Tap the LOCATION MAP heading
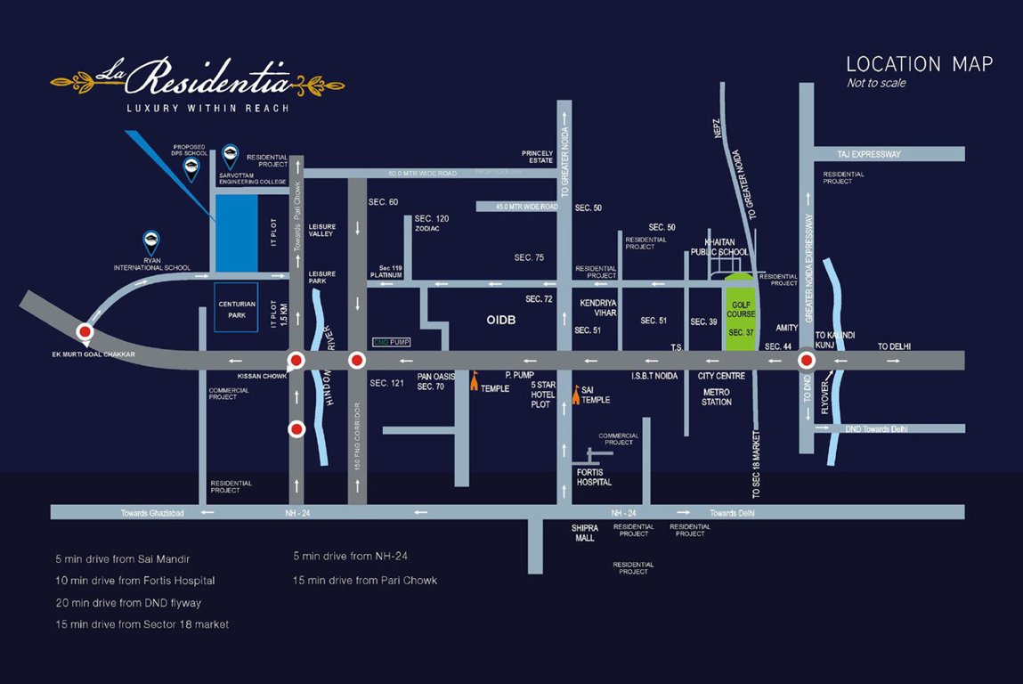coord(919,64)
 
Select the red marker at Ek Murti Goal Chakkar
coord(85,332)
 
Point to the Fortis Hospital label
coord(594,476)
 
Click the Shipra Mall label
coord(584,533)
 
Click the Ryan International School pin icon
coord(152,241)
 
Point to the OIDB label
coord(501,318)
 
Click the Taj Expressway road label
coord(869,154)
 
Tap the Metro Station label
coord(716,397)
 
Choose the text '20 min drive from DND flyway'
coord(127,603)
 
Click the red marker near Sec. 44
coord(807,361)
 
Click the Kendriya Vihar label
coord(598,308)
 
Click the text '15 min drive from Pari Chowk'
coord(365,580)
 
